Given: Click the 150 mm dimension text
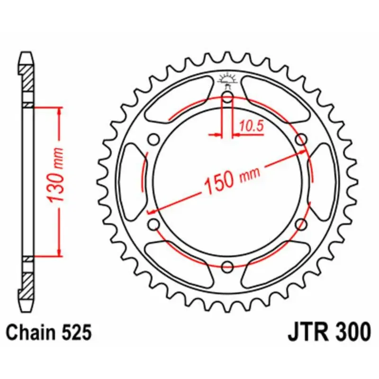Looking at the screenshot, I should coord(231,179).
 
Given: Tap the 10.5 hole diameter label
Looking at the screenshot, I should coord(251,126).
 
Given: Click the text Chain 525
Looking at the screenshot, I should coord(49,333).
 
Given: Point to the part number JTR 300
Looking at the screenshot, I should coord(329,332).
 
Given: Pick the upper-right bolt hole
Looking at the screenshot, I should coord(301,139).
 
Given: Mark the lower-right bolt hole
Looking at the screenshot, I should coord(301,224).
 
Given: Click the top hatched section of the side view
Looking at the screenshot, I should coord(27,79).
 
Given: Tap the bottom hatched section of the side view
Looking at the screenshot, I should coord(27,284).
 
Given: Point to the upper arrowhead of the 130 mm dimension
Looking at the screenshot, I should coord(59,111).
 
